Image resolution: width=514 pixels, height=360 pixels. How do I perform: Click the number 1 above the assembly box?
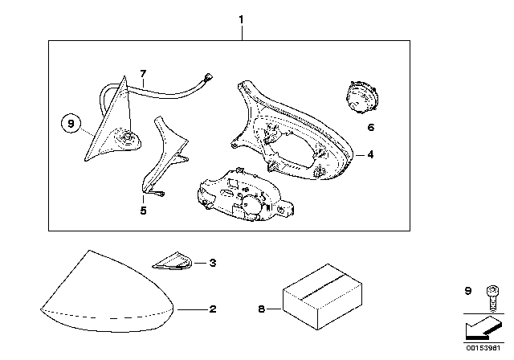click(x=241, y=19)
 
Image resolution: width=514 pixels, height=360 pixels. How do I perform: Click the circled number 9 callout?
click(x=71, y=124)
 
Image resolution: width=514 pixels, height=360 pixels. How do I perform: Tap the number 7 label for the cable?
click(x=143, y=74)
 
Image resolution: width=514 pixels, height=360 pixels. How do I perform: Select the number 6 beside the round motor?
click(x=371, y=127)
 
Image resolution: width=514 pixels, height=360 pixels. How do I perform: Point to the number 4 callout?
click(x=370, y=154)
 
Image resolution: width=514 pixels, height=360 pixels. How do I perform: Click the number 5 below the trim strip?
click(x=143, y=211)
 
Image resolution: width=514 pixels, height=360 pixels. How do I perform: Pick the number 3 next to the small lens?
click(x=213, y=263)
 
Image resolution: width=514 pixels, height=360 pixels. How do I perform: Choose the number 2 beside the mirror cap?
click(x=213, y=309)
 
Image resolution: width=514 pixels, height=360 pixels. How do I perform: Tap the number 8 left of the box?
click(x=261, y=309)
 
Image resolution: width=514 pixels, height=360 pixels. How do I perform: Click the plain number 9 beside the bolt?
click(x=468, y=291)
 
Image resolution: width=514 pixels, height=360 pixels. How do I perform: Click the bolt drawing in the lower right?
click(x=492, y=298)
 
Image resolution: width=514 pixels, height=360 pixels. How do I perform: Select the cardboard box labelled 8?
click(x=322, y=297)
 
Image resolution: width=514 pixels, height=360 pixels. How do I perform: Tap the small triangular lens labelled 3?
click(x=172, y=261)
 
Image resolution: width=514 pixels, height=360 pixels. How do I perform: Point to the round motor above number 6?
click(x=361, y=97)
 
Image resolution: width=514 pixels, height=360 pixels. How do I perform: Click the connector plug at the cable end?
click(x=208, y=78)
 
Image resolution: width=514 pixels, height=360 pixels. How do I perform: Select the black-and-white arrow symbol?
click(x=483, y=328)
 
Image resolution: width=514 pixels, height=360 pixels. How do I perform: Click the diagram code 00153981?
click(x=483, y=347)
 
